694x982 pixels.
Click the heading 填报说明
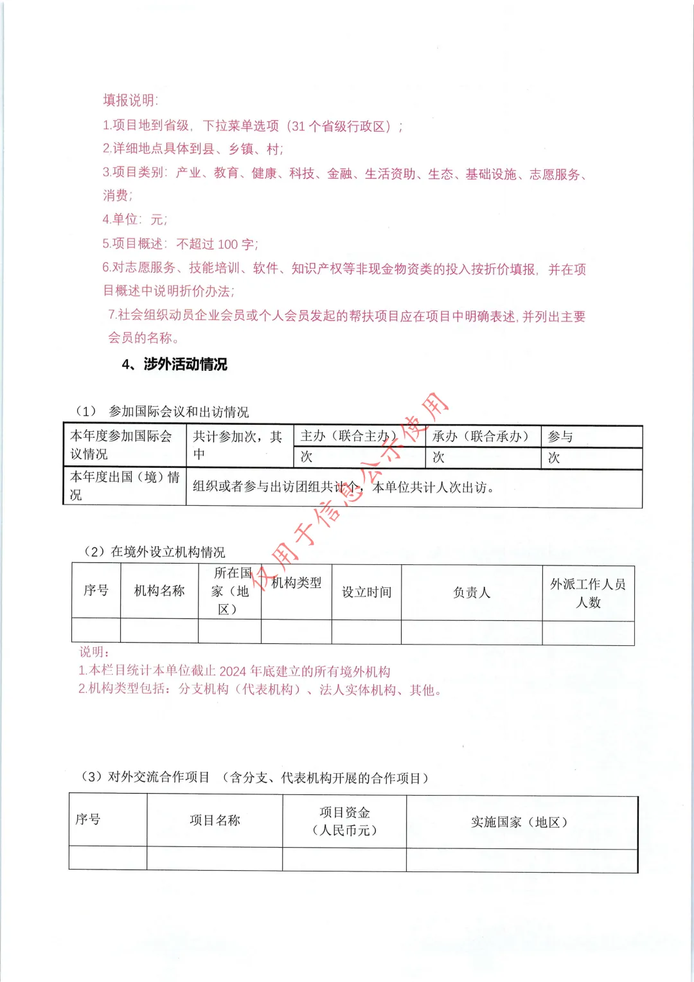click(130, 100)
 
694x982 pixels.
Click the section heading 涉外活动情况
click(185, 364)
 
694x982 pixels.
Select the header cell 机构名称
click(159, 591)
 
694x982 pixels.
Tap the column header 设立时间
click(366, 592)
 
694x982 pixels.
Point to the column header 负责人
click(472, 593)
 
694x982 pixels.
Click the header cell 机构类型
click(296, 583)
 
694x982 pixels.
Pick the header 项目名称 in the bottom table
click(215, 820)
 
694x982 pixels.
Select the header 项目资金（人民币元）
click(344, 821)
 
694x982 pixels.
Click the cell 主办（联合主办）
click(348, 436)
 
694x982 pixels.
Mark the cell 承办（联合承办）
click(480, 436)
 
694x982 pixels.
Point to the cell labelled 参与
click(560, 436)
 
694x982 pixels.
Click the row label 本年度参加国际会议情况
click(121, 445)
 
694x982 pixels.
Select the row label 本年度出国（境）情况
click(125, 486)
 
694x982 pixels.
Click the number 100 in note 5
click(227, 245)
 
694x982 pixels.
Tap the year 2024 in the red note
click(233, 672)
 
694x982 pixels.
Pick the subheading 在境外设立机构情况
click(168, 552)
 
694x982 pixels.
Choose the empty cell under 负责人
click(472, 632)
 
